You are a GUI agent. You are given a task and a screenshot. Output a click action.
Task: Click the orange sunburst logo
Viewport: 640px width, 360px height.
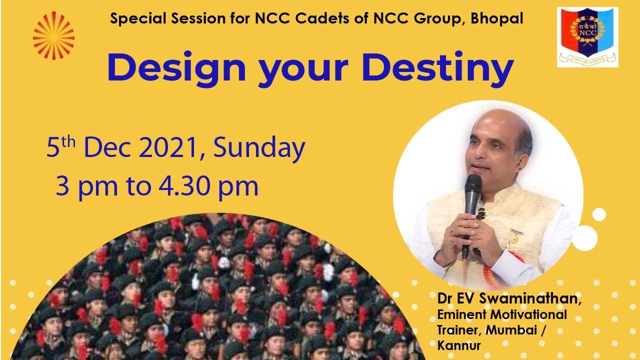pos(53,35)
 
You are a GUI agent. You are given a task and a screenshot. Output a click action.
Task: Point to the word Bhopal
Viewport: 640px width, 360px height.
pos(497,18)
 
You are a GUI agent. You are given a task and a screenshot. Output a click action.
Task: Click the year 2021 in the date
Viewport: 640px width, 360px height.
pos(168,147)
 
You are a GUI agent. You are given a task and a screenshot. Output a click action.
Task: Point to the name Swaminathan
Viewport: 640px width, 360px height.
pos(530,298)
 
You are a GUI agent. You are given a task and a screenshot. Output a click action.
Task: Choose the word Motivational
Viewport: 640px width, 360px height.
pos(528,314)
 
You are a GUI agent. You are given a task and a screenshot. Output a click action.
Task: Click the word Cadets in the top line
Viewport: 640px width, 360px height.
pos(322,18)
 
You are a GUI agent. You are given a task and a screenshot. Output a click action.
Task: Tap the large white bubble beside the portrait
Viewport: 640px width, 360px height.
pos(584,238)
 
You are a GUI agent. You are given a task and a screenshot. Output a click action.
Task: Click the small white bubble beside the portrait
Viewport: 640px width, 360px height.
pos(599,214)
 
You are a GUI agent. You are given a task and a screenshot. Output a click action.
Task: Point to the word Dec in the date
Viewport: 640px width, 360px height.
pos(107,148)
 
